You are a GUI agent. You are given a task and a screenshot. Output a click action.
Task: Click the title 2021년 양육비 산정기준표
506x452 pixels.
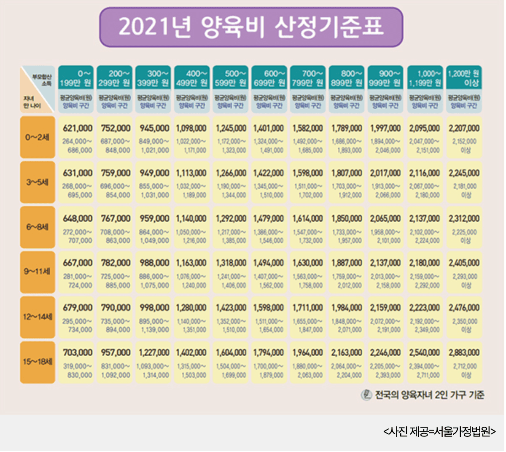(251, 27)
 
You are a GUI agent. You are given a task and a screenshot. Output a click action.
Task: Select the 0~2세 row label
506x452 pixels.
(38, 137)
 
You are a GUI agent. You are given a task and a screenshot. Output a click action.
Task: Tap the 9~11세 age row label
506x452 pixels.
(38, 271)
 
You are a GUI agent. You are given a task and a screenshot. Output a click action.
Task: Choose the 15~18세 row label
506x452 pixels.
(38, 361)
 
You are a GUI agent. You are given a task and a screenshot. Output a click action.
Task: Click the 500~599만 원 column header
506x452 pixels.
(230, 78)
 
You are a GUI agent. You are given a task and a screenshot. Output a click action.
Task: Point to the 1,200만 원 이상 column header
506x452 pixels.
(464, 78)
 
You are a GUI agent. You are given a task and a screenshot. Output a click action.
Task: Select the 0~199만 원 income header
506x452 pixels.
(76, 78)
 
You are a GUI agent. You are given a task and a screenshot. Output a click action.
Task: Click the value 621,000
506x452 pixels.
(78, 128)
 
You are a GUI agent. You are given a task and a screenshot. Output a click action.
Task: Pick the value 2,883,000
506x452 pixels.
(464, 352)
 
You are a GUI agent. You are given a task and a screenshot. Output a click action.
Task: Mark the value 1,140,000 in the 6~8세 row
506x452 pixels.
(191, 218)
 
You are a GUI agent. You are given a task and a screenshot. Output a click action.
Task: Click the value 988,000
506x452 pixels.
(155, 263)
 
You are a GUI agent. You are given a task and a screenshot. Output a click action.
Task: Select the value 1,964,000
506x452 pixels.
(308, 352)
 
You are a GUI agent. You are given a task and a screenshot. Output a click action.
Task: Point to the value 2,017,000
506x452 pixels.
(385, 173)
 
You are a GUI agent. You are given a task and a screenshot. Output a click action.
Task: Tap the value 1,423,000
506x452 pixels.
(231, 308)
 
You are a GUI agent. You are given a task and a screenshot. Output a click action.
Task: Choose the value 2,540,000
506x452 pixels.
(424, 352)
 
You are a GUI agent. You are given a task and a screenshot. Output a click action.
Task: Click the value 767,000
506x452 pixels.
(116, 218)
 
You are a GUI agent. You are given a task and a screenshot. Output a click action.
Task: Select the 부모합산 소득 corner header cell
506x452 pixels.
(38, 89)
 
